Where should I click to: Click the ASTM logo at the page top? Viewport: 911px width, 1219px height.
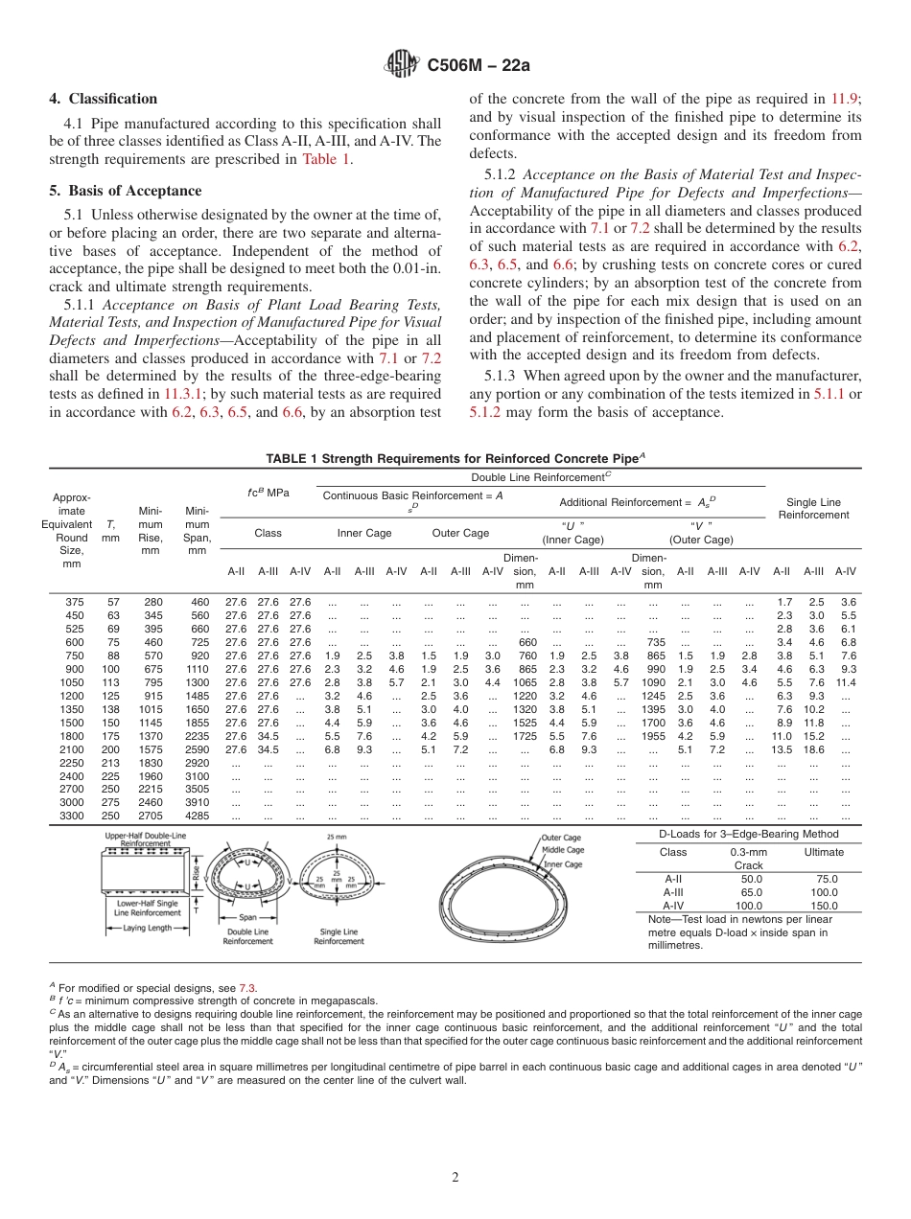pyautogui.click(x=402, y=64)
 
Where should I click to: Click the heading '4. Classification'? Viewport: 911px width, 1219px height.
pyautogui.click(x=104, y=99)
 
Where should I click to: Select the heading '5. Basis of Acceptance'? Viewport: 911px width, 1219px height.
pyautogui.click(x=126, y=191)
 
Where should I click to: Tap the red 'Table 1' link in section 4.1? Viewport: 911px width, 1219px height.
pyautogui.click(x=326, y=159)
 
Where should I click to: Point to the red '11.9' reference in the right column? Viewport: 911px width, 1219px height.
pyautogui.click(x=845, y=99)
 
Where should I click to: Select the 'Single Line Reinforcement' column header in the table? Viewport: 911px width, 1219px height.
pyautogui.click(x=813, y=508)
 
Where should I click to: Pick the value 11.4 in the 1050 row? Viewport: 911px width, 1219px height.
pyautogui.click(x=845, y=682)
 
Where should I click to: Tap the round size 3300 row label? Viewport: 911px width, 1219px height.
pyautogui.click(x=73, y=816)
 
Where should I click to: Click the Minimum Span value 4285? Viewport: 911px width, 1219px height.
pyautogui.click(x=197, y=816)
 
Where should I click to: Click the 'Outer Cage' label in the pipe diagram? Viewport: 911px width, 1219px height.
pyautogui.click(x=563, y=838)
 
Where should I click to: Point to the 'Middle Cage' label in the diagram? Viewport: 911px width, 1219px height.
pyautogui.click(x=563, y=850)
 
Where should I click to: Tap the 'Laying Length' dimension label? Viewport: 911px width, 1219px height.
pyautogui.click(x=146, y=928)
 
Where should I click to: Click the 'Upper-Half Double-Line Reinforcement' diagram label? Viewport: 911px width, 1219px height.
pyautogui.click(x=146, y=839)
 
